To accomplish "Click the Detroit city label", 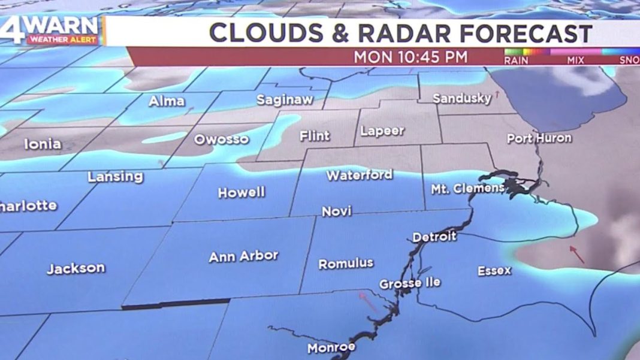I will [434, 237].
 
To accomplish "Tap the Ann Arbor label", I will [243, 256].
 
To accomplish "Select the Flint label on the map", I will [315, 136].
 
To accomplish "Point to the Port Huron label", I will [539, 138].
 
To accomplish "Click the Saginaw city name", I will [285, 100].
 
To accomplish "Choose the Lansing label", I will [116, 177].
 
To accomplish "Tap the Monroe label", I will [331, 347].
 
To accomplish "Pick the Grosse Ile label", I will [410, 283].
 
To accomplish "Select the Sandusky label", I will [462, 98].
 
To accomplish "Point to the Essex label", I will [494, 271].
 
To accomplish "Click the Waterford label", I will [360, 176].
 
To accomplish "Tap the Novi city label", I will [337, 211].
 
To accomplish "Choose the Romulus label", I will [346, 264].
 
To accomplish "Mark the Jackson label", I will [76, 268].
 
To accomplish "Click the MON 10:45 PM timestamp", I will [410, 57].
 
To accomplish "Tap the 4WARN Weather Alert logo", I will [53, 30].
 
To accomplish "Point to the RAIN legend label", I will [517, 60].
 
